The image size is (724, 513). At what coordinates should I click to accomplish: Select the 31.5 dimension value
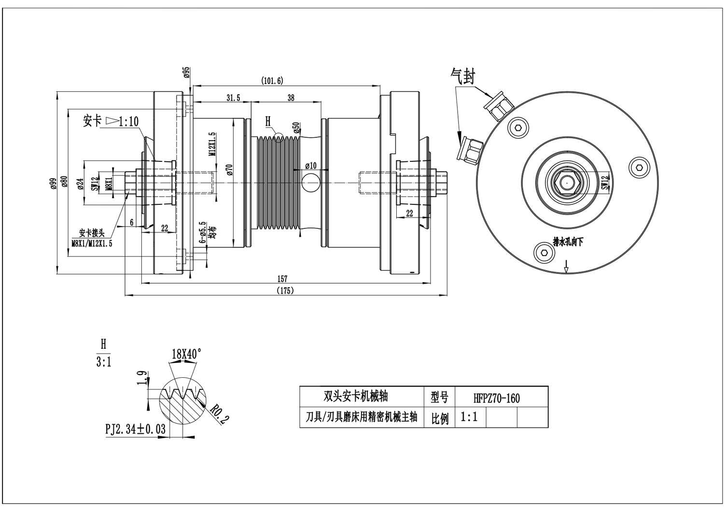click(233, 98)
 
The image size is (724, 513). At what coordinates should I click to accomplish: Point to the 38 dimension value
click(291, 98)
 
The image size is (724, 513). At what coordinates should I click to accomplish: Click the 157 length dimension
click(282, 279)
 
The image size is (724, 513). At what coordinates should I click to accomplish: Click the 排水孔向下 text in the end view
click(568, 242)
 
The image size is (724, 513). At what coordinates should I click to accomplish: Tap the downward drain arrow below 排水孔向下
click(567, 266)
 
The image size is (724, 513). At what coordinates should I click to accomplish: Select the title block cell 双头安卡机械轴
click(356, 397)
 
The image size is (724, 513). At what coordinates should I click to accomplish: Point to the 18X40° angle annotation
click(186, 354)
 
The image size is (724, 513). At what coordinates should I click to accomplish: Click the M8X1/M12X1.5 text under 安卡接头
click(92, 243)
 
